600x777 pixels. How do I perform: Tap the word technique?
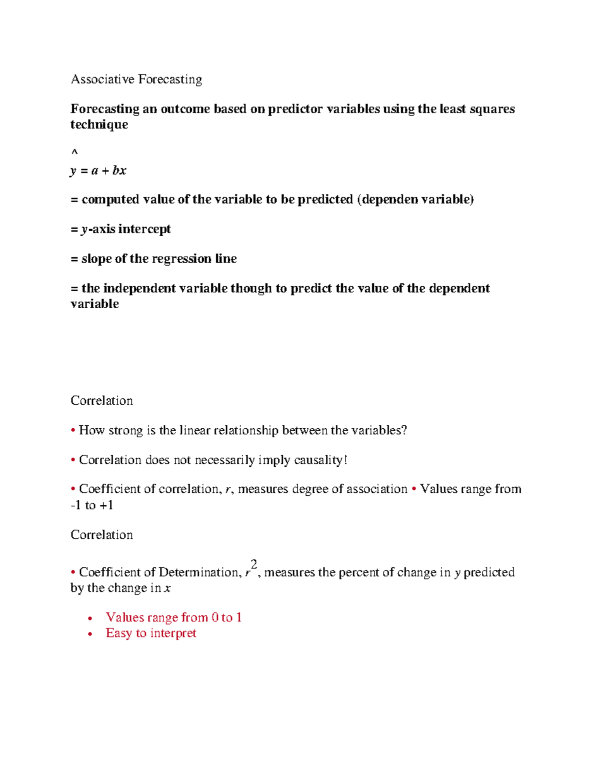coord(99,125)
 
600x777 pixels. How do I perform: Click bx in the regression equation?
coord(119,171)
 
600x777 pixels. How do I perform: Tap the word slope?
coord(96,259)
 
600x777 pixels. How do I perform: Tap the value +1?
coord(106,505)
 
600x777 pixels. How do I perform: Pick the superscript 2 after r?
coord(253,564)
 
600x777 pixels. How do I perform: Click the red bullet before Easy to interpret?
coord(90,634)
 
